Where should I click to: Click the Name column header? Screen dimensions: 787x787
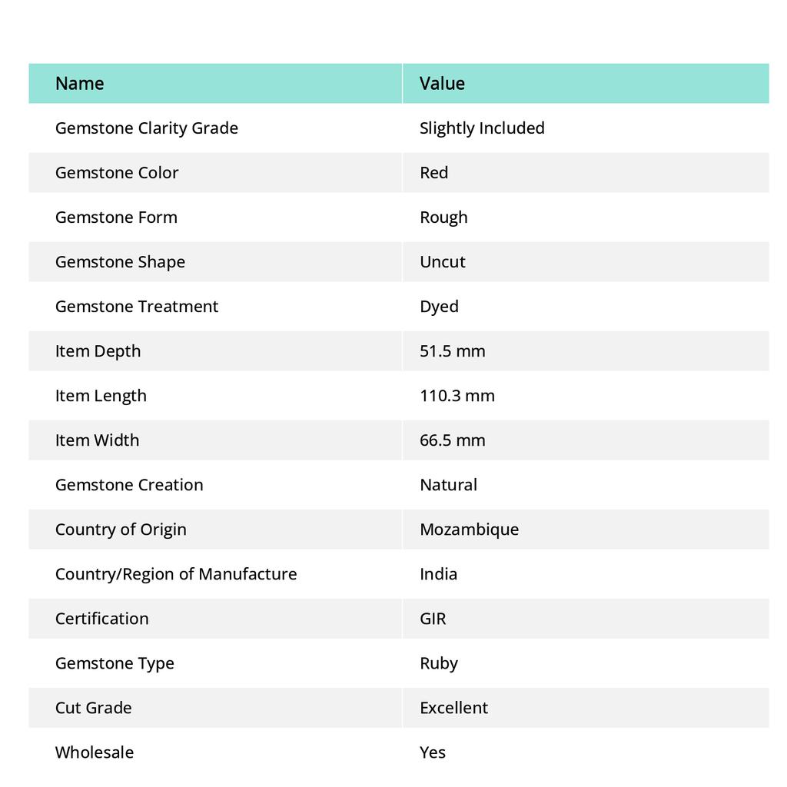pos(79,83)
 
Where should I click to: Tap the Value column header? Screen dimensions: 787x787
pos(442,83)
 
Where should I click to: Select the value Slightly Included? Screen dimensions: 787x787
pos(482,128)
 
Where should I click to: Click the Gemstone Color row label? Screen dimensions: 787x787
pos(117,172)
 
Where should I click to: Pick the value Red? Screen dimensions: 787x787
pos(433,172)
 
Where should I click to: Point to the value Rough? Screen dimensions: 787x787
pos(443,217)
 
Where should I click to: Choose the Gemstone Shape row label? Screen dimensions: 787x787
pos(120,261)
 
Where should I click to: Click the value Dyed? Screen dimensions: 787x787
pos(439,306)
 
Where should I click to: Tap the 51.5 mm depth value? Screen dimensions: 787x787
pos(452,350)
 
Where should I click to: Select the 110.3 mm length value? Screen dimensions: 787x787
pos(457,395)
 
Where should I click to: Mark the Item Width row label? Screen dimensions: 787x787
pos(97,440)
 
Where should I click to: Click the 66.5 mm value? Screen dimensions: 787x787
pos(452,440)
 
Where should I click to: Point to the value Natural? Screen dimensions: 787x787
pos(448,484)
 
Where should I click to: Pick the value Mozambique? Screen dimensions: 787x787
pos(469,529)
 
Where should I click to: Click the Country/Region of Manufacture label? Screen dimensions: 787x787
pos(175,573)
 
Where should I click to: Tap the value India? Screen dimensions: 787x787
pos(438,573)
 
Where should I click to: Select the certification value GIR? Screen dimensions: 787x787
pos(433,618)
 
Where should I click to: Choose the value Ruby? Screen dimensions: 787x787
pos(438,662)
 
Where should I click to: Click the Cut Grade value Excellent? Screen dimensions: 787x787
pos(453,707)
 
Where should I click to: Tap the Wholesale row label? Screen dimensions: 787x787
pos(94,752)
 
